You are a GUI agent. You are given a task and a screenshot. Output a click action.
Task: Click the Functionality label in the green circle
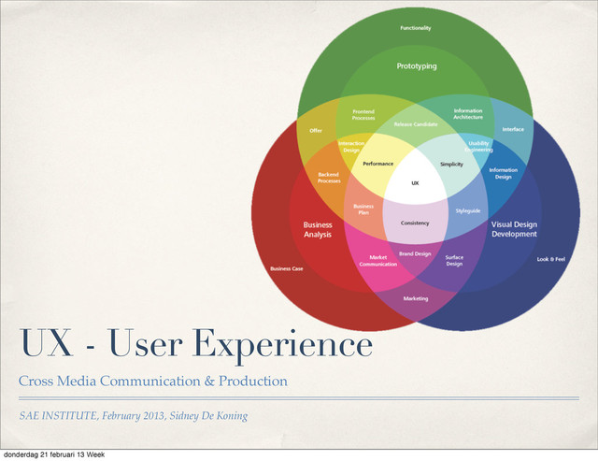[416, 29]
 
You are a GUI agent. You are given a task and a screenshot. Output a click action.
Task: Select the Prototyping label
[416, 66]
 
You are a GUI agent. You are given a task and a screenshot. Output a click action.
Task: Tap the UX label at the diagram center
[416, 183]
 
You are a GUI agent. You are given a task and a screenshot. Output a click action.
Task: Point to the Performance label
[377, 163]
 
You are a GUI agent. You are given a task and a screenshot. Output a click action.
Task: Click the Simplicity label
[452, 163]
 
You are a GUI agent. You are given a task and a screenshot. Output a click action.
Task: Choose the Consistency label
[415, 223]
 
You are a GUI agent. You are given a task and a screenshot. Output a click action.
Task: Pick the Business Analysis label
[318, 229]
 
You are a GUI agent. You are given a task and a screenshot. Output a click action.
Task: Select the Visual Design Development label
[515, 229]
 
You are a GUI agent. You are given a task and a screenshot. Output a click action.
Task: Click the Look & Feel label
[550, 259]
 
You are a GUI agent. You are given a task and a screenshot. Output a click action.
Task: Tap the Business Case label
[286, 268]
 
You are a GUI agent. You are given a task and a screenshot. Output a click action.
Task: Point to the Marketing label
[416, 298]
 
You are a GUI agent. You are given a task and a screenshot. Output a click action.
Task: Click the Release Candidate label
[416, 124]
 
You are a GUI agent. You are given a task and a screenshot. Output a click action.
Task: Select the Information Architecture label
[468, 114]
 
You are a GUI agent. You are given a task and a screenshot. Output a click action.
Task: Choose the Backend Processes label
[329, 177]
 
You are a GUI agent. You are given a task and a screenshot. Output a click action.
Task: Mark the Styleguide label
[468, 210]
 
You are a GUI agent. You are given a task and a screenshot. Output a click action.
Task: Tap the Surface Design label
[454, 260]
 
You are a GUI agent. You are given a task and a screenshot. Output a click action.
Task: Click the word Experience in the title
[281, 345]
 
